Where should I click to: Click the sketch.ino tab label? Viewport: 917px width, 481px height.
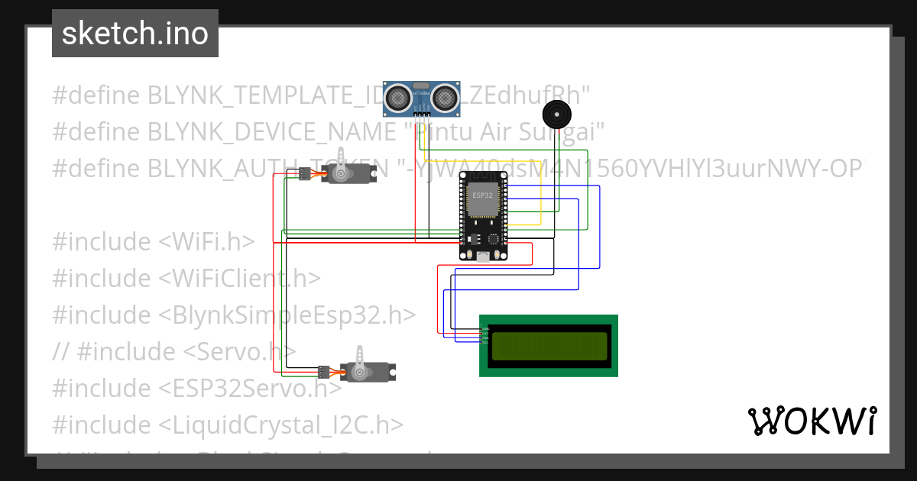tap(134, 34)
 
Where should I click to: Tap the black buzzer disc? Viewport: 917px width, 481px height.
tap(556, 115)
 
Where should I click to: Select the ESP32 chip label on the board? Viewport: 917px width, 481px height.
tap(482, 195)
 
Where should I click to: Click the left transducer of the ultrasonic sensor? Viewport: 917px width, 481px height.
tap(397, 97)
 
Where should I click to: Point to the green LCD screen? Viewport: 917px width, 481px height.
tap(549, 346)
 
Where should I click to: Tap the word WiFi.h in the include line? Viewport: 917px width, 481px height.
tap(206, 241)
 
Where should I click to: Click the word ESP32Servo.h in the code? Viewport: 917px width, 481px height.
tap(250, 388)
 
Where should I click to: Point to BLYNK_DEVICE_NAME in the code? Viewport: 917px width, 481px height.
tap(272, 131)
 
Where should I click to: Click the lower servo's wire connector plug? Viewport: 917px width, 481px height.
tap(323, 372)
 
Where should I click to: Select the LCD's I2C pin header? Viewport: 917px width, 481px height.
tap(484, 335)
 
